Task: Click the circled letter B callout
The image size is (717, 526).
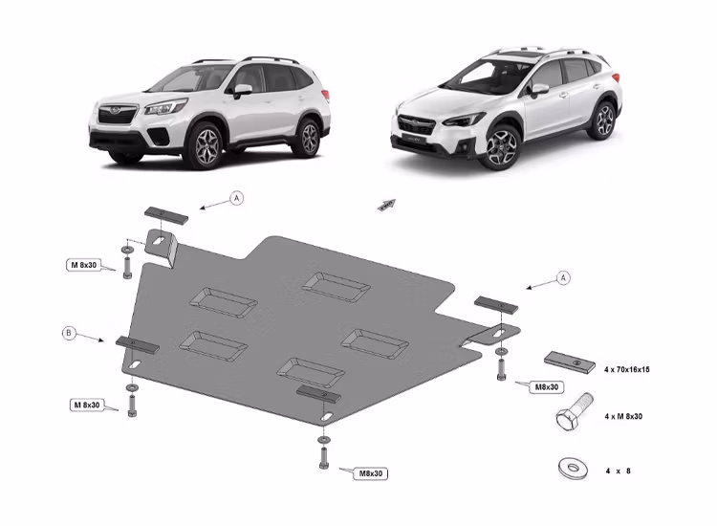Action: point(68,333)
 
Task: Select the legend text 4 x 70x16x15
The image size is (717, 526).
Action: point(626,368)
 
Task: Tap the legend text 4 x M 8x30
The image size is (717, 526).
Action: point(623,418)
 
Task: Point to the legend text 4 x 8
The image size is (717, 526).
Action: point(618,471)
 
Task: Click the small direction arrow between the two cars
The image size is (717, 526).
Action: point(385,206)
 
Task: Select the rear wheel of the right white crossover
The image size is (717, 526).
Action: point(602,120)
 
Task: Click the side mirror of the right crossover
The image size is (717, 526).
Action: point(540,89)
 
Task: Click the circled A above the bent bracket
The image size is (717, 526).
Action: point(237,199)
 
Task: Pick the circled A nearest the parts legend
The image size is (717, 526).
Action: point(564,277)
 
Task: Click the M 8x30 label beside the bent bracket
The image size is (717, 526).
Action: point(85,265)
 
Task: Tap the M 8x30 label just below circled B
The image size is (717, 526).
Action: point(85,405)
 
